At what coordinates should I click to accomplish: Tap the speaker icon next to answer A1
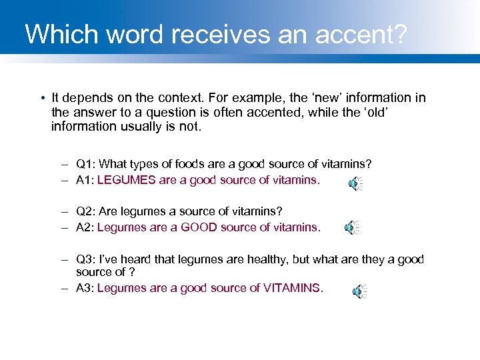click(x=356, y=184)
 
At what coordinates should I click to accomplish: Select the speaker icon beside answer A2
click(x=351, y=228)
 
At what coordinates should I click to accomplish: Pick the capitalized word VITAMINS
click(x=292, y=288)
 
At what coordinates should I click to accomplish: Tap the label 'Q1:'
click(x=85, y=164)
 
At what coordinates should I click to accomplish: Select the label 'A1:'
click(x=85, y=180)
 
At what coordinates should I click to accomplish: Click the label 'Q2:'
click(x=85, y=211)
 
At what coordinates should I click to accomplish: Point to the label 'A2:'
click(x=85, y=227)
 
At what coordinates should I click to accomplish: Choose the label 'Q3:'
click(x=85, y=259)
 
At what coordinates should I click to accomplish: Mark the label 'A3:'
click(x=85, y=288)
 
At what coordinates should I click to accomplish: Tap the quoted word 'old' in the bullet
click(x=371, y=112)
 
